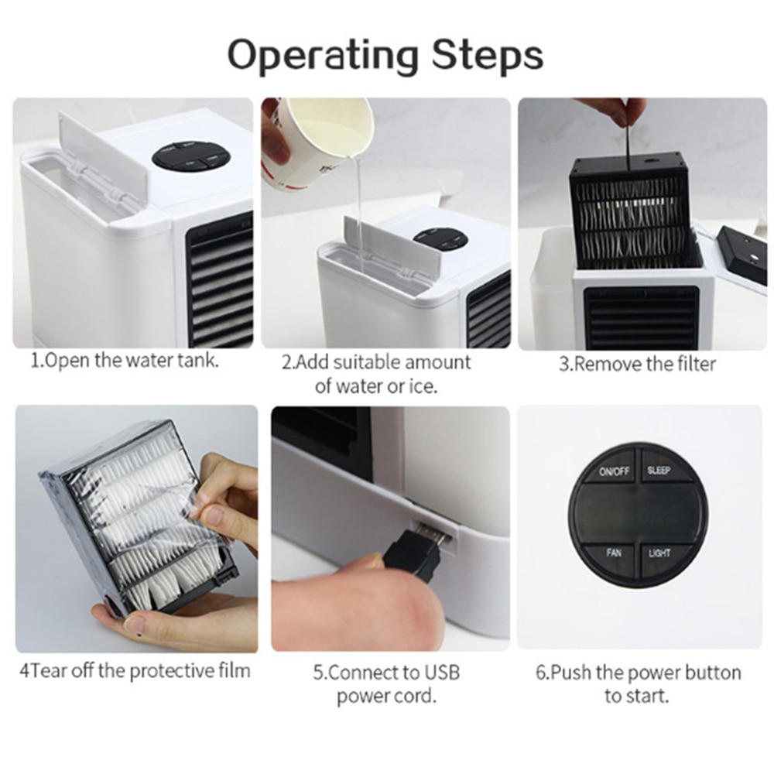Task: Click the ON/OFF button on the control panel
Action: (614, 471)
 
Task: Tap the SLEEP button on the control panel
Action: (659, 471)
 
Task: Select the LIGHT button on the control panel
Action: (659, 553)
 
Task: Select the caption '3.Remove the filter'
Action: (637, 364)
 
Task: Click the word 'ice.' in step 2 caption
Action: (420, 386)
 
